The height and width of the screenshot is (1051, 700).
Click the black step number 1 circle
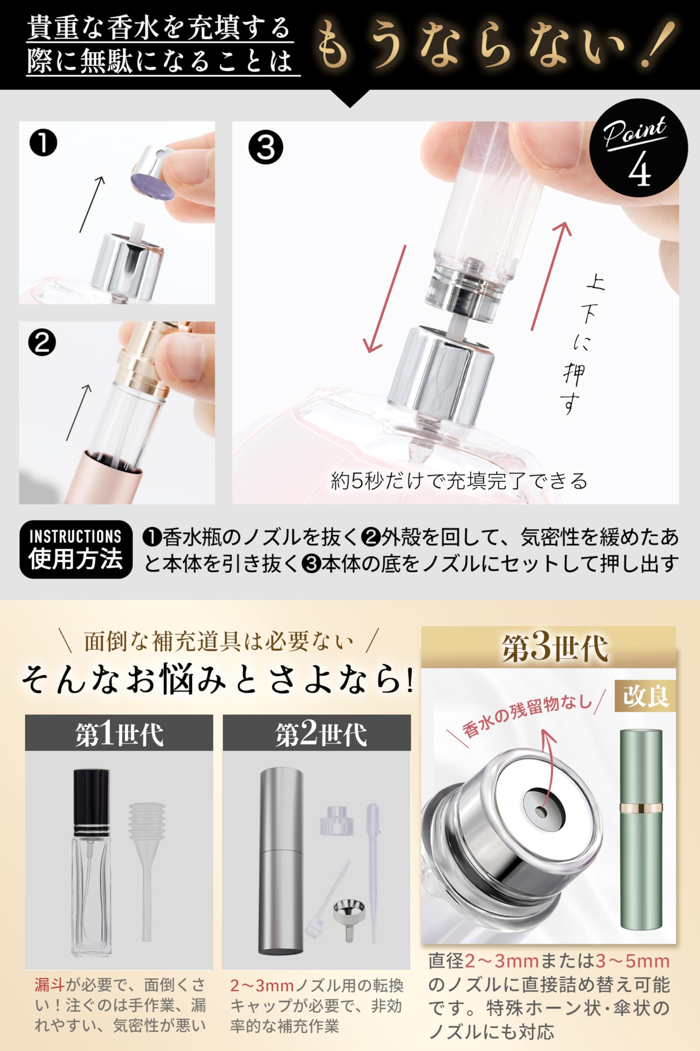[x=43, y=143]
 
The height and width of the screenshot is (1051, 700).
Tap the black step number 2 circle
[x=42, y=343]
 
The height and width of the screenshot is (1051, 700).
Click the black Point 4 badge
[x=638, y=148]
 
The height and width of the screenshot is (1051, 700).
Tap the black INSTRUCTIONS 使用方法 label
[x=76, y=549]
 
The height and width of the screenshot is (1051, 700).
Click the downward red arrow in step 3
[x=385, y=299]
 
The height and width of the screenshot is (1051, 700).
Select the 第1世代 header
[x=119, y=734]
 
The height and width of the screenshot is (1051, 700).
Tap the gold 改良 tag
[x=645, y=696]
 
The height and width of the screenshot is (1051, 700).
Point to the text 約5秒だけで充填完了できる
[x=459, y=481]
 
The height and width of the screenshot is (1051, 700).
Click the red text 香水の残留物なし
[x=527, y=716]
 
